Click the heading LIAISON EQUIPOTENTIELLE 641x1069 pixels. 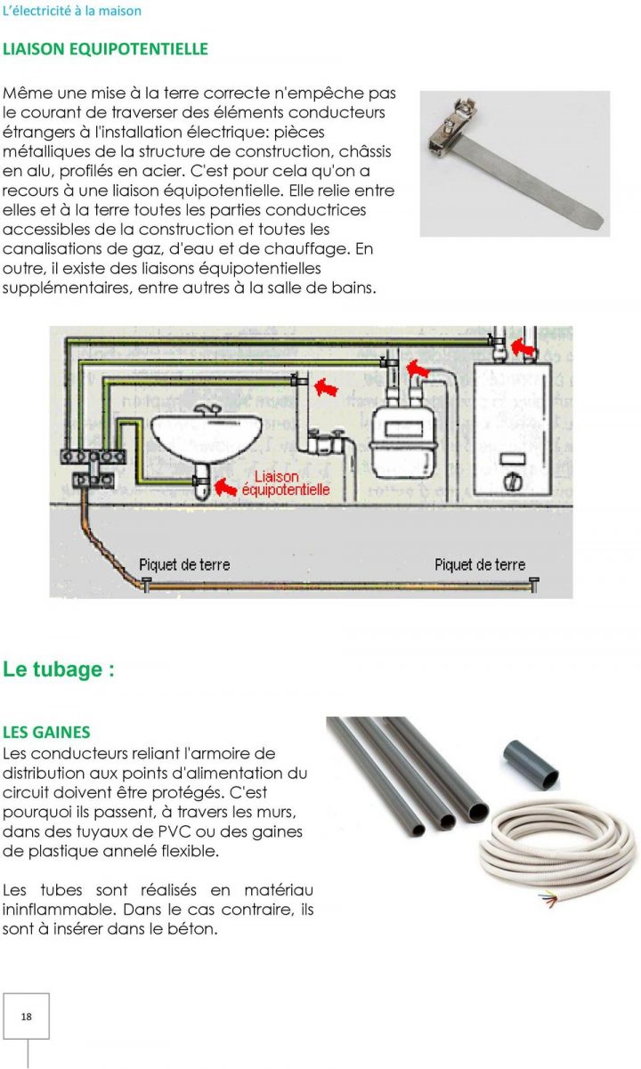(105, 49)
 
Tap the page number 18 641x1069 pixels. (26, 1016)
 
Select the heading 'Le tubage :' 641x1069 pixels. (59, 670)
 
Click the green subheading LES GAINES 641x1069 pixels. (46, 733)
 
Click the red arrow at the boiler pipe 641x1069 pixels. (527, 342)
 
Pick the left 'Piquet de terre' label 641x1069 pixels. (184, 564)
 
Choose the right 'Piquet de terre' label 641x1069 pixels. (480, 564)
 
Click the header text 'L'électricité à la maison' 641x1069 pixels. (72, 12)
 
